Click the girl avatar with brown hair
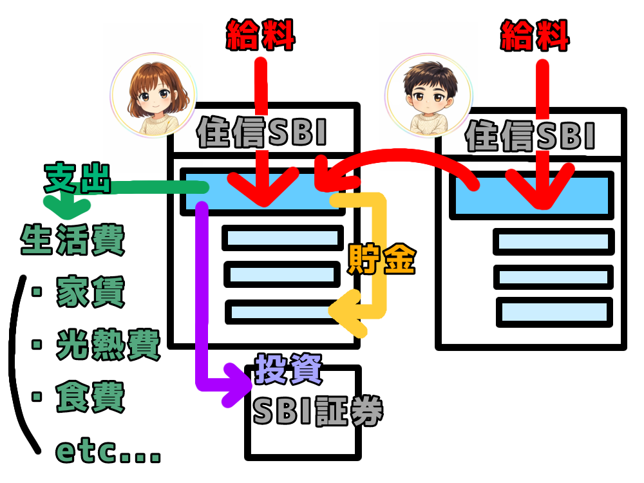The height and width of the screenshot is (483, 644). [154, 94]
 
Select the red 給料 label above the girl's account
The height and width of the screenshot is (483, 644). [260, 36]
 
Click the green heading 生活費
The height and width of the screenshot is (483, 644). [72, 240]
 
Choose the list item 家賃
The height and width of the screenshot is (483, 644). [90, 293]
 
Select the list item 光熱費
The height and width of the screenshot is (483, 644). [108, 345]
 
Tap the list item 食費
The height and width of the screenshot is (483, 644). [90, 397]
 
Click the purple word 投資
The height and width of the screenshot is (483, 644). [288, 369]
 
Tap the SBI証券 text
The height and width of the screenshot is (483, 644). [317, 411]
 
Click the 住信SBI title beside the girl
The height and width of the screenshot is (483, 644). [262, 133]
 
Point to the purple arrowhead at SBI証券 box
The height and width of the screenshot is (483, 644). [235, 384]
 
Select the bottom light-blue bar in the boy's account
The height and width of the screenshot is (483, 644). [554, 312]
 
